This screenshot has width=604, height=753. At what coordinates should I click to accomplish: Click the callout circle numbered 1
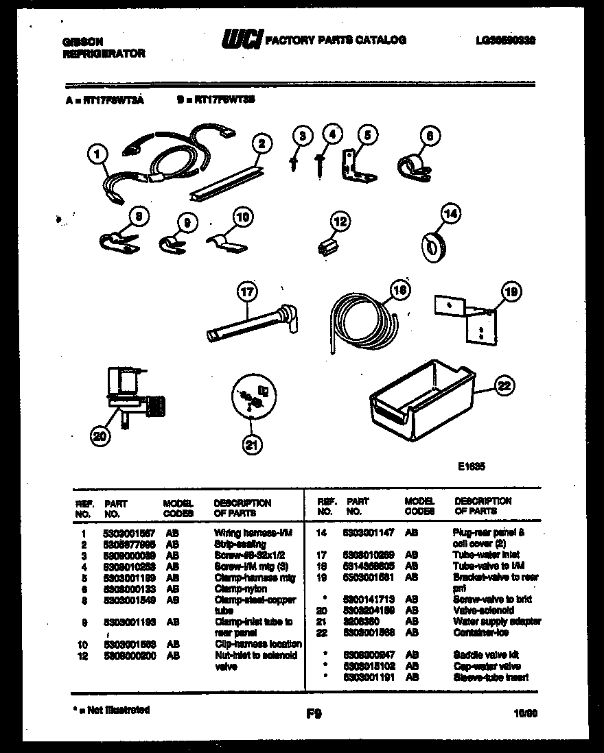pos(99,156)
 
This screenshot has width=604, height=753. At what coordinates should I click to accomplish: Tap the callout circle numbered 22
pos(504,387)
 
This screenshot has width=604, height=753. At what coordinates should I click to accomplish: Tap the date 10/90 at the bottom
pos(524,714)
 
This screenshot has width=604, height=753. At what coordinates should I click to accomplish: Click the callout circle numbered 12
pos(340,221)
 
